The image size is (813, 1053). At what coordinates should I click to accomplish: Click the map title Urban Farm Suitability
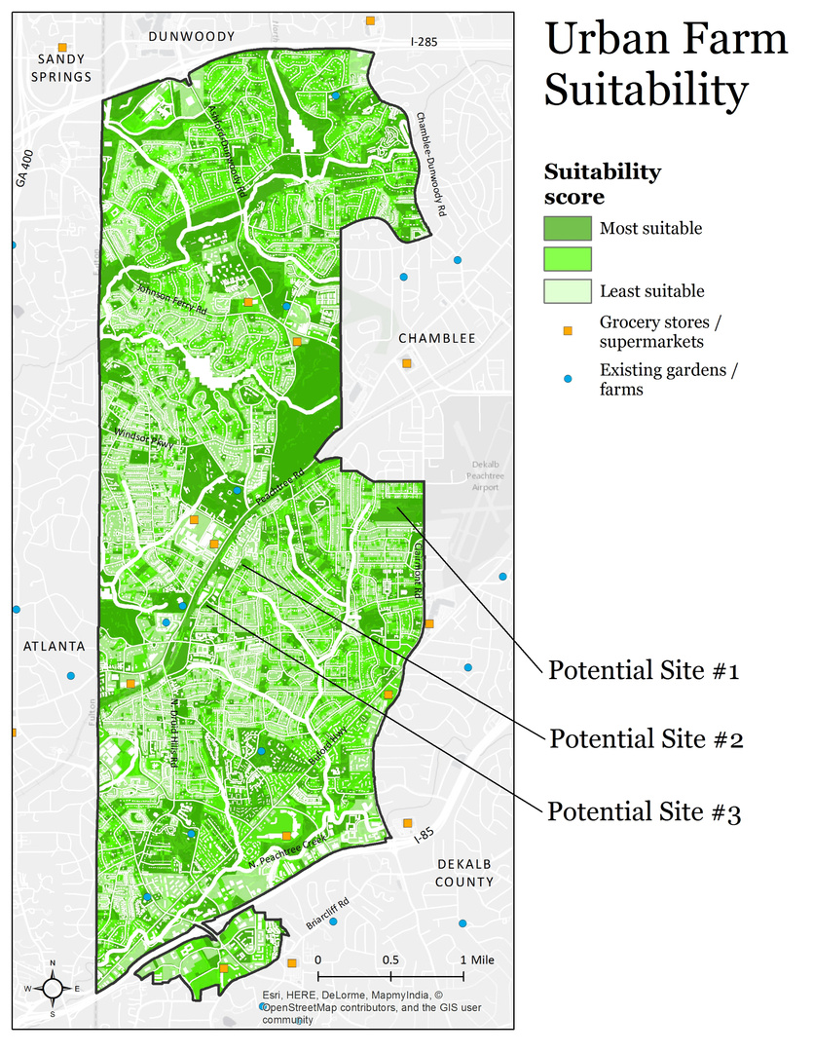click(x=665, y=64)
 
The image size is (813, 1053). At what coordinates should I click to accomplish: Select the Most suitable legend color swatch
click(x=567, y=228)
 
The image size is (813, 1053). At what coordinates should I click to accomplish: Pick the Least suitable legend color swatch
click(x=567, y=290)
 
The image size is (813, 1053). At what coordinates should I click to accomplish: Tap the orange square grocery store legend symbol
click(x=569, y=331)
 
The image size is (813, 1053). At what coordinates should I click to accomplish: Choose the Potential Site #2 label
click(x=647, y=738)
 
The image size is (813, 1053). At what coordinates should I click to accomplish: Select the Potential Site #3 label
click(x=645, y=810)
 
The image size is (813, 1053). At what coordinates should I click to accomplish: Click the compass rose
click(x=53, y=988)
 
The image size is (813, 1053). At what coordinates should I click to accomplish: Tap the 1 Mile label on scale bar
click(x=476, y=959)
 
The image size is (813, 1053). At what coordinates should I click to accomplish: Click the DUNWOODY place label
click(x=192, y=36)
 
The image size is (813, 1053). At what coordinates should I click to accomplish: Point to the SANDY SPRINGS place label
click(x=64, y=67)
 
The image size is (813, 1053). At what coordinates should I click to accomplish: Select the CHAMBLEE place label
click(x=436, y=338)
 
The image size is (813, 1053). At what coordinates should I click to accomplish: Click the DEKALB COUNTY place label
click(x=465, y=873)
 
